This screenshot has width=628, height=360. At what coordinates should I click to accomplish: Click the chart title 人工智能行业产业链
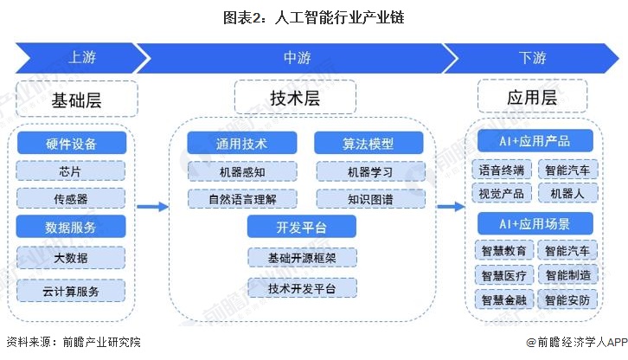(x=314, y=16)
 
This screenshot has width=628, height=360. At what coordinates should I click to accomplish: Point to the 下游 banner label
(x=532, y=58)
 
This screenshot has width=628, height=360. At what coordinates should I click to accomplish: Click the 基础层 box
(x=77, y=100)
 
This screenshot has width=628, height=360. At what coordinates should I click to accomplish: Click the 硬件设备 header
(x=71, y=143)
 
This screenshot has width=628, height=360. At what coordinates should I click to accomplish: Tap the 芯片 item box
(x=71, y=170)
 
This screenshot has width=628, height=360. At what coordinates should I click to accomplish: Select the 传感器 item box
(x=71, y=199)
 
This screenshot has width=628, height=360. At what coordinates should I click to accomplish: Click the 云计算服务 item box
(x=71, y=291)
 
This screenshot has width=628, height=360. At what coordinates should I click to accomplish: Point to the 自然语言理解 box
(x=242, y=200)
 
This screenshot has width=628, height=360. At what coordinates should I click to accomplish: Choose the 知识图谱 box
(x=369, y=200)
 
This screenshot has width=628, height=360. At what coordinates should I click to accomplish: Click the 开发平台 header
(x=301, y=228)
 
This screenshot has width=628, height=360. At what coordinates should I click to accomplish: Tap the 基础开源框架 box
(x=301, y=257)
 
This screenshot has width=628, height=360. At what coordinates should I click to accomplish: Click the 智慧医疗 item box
(x=503, y=275)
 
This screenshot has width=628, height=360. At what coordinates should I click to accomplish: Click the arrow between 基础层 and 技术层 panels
(x=151, y=207)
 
